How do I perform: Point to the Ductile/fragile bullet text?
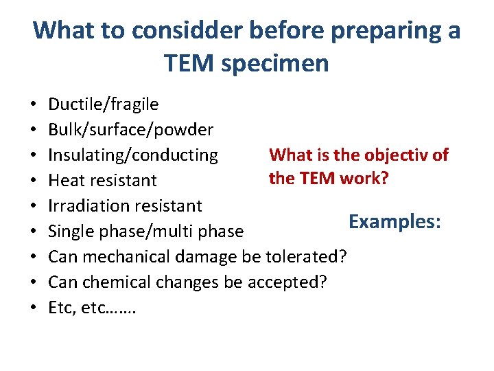point(104,104)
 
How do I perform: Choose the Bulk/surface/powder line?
point(131,130)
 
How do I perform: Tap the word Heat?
point(68,181)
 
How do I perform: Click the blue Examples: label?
point(395,221)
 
